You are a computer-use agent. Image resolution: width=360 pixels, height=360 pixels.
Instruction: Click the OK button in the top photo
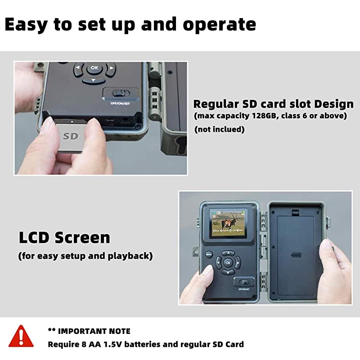click(94, 67)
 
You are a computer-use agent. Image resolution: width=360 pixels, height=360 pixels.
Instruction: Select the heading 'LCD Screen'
click(64, 237)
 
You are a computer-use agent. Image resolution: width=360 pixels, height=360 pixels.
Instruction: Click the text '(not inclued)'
click(219, 130)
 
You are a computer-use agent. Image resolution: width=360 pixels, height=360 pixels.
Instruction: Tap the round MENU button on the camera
click(209, 254)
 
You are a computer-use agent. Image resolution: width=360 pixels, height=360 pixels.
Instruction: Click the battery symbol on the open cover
click(296, 255)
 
